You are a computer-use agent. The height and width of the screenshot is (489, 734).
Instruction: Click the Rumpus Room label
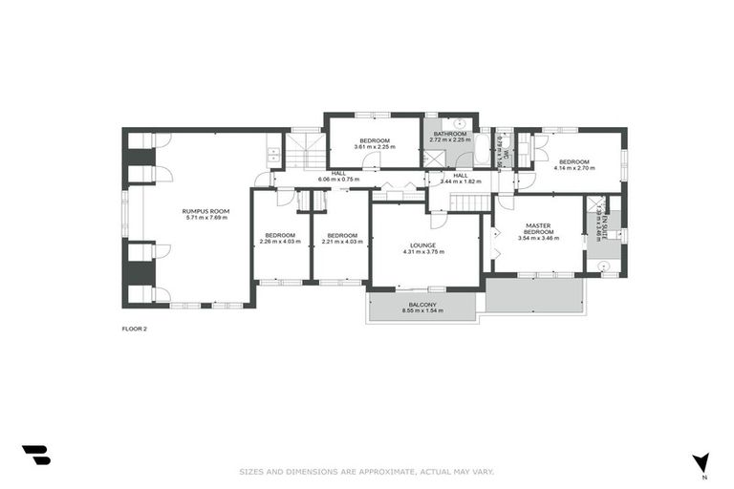coord(207,210)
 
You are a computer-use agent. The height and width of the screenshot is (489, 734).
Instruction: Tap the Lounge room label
coord(424,244)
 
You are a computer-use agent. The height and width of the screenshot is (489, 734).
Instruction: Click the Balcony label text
coord(421,304)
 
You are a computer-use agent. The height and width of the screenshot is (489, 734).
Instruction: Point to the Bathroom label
coord(449,134)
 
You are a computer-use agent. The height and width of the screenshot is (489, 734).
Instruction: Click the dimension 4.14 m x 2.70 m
coord(574,168)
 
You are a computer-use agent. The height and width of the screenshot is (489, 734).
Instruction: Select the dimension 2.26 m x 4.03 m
coord(280,242)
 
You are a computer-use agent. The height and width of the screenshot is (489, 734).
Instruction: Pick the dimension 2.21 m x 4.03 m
coord(342,242)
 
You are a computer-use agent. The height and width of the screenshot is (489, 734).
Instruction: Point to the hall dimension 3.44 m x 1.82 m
coord(461,181)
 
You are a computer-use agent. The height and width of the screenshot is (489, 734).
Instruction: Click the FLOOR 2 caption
coord(134,328)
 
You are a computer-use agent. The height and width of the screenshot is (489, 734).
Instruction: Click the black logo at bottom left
coord(35,456)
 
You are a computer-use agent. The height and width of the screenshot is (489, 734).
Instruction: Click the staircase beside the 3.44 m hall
coord(470,202)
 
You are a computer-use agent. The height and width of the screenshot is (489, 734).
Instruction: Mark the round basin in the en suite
coord(603,266)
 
